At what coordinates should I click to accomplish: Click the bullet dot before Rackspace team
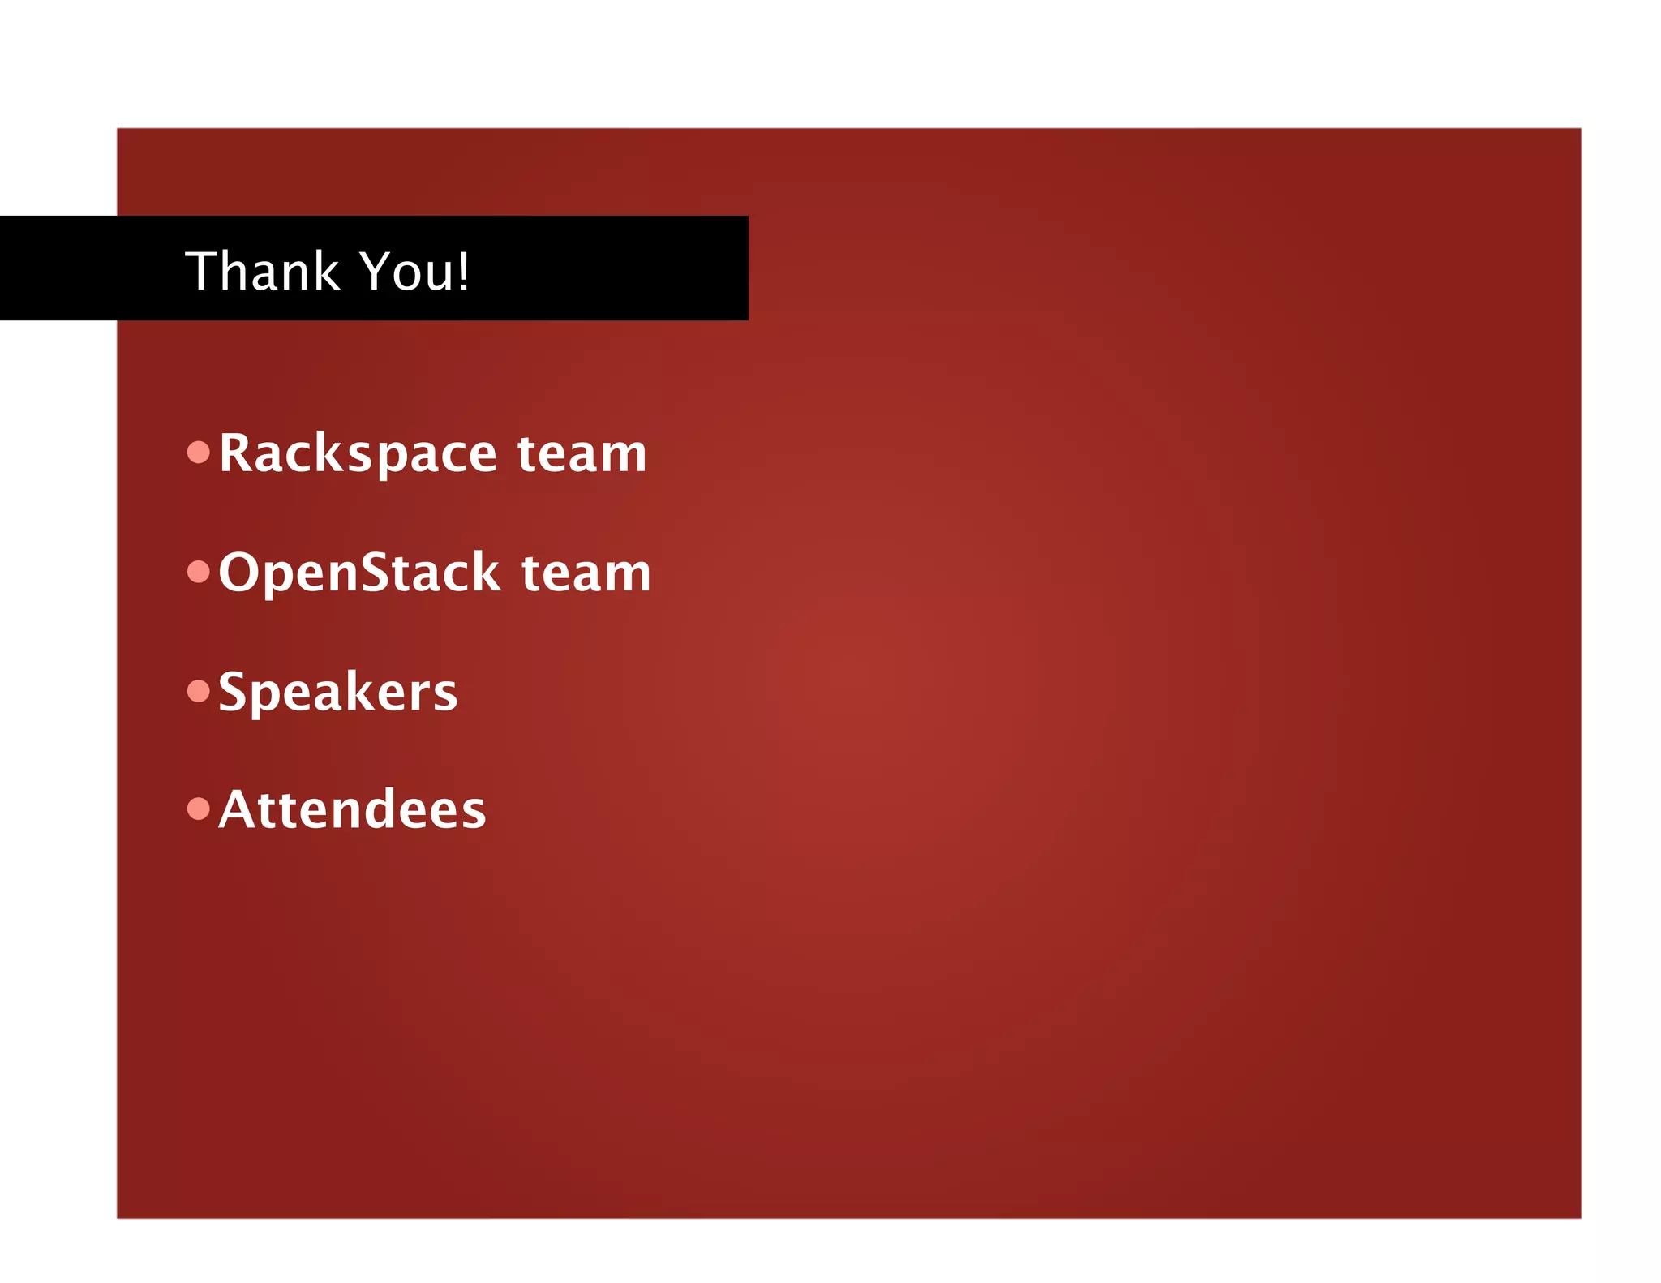(x=199, y=452)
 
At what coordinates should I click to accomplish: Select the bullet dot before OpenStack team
(x=199, y=572)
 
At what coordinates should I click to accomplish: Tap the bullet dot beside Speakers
(x=199, y=691)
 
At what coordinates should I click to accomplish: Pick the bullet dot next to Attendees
(x=199, y=809)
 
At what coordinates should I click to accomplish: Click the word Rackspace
(x=358, y=453)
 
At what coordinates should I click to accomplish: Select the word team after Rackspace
(x=582, y=453)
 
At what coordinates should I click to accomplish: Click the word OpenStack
(x=359, y=573)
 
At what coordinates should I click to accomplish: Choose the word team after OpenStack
(x=586, y=573)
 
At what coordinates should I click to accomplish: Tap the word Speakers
(x=338, y=693)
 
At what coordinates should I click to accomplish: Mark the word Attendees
(x=353, y=810)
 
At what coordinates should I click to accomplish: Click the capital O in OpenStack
(x=238, y=573)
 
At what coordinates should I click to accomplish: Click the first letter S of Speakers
(x=232, y=692)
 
